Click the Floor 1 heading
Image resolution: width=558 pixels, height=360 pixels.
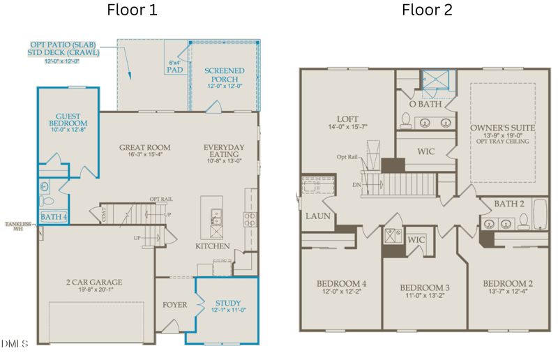point(132,10)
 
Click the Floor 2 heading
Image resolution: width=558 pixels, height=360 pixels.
point(427,10)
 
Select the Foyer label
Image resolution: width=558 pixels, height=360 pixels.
point(174,305)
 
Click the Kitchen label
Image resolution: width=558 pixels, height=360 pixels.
point(213,246)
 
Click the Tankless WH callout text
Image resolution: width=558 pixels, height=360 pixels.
point(20,225)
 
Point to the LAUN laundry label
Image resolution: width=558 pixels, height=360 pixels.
point(317,216)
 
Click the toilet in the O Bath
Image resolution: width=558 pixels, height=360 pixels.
point(407,121)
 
